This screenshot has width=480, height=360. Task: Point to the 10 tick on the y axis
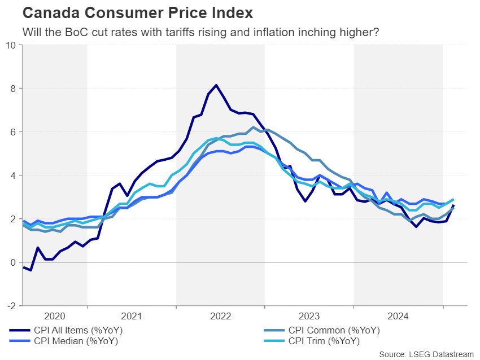[11, 45]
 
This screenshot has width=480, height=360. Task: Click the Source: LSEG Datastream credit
[426, 354]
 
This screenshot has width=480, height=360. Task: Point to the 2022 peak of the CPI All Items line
[216, 85]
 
